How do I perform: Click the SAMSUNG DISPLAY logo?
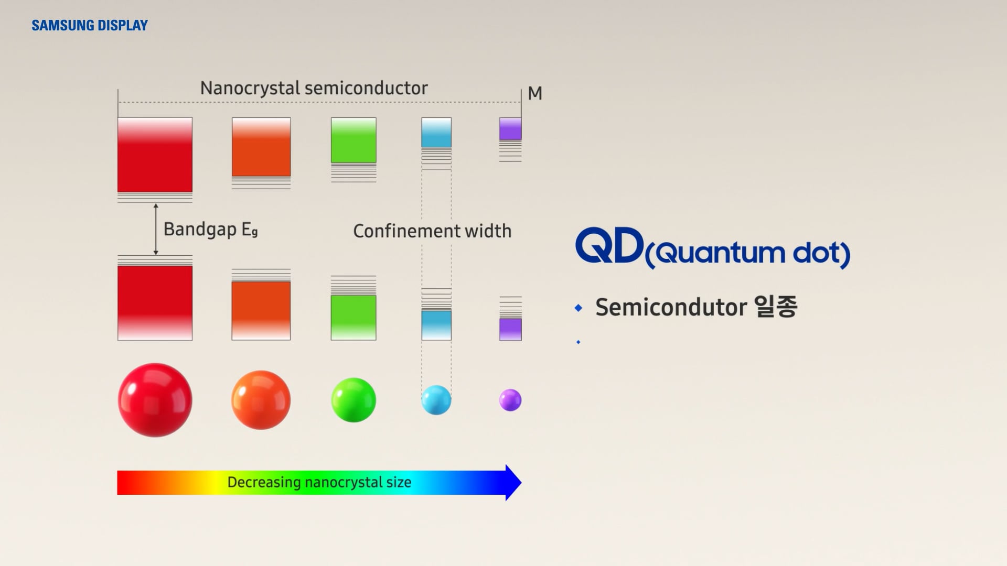coord(90,25)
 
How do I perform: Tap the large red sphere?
coord(155,400)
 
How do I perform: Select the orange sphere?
coord(261,400)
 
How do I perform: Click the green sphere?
coord(353,400)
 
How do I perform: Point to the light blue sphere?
coord(436,400)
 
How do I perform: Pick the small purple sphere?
coord(510,400)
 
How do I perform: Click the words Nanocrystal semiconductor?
coord(314,88)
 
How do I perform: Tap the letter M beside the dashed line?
coord(534,93)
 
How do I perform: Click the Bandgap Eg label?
coord(210,229)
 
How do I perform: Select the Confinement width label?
coord(432,231)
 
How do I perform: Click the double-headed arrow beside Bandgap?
coord(156,229)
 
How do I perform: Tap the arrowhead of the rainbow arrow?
coord(513,482)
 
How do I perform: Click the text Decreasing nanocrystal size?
coord(319,482)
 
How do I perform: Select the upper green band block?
coord(353,140)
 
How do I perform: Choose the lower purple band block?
coord(510,330)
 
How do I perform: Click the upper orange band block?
coord(261,147)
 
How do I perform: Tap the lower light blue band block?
coord(436,325)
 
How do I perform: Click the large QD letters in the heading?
coord(609,246)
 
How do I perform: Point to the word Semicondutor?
coord(671,307)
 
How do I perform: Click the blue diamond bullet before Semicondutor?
coord(579,308)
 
